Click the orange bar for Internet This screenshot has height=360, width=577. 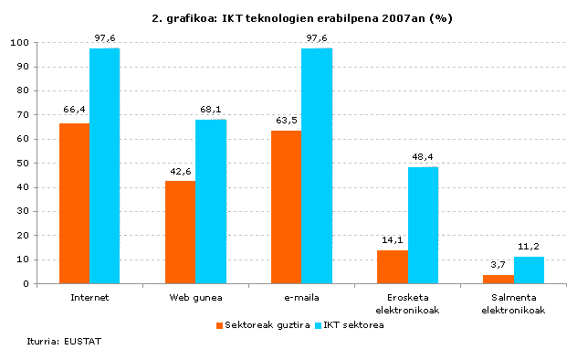pos(74,203)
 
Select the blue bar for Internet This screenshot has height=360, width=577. pos(104,165)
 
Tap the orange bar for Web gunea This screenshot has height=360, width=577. pos(180,232)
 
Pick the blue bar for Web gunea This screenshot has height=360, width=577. pos(210,201)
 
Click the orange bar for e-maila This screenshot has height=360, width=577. pos(286,206)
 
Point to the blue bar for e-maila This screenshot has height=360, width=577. pos(316,165)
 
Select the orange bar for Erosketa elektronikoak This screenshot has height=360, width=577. pos(393,266)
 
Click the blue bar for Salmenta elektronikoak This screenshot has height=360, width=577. pos(529,270)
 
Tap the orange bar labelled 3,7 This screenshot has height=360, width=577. pos(498,279)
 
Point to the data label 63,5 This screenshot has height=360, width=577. pos(286,121)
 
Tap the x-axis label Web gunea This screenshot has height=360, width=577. pos(195,297)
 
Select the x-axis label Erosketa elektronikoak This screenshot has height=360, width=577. pos(408,302)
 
